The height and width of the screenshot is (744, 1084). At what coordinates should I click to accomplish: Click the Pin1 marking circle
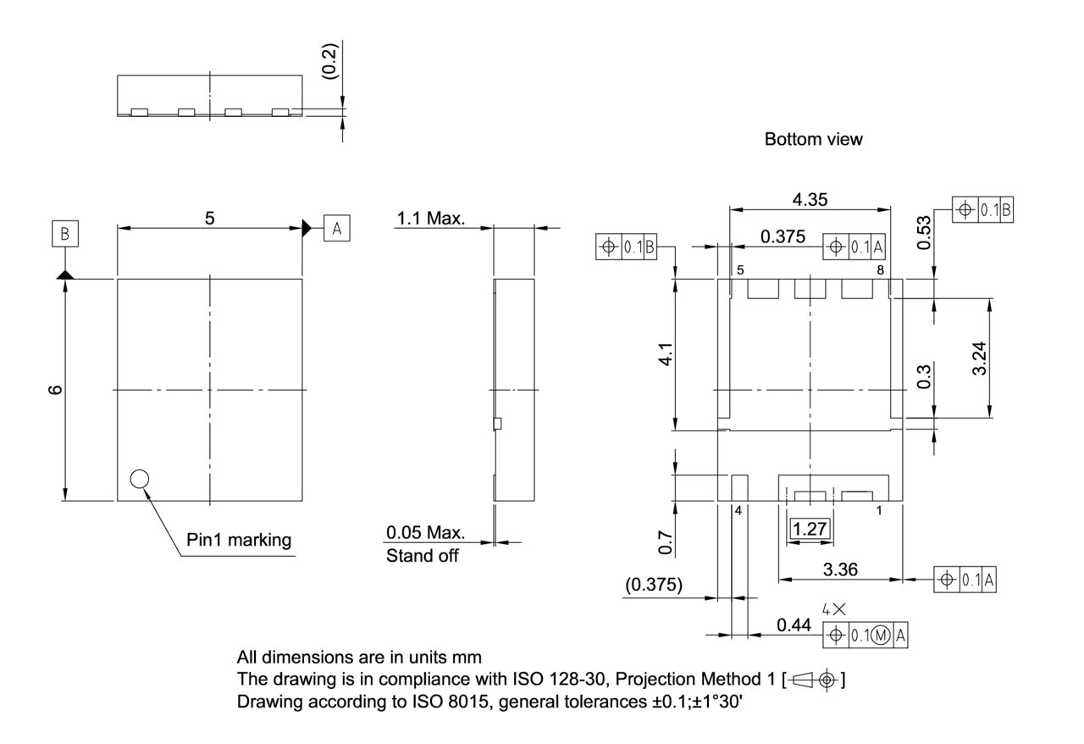[140, 479]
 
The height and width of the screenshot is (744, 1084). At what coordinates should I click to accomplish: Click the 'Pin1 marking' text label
[239, 540]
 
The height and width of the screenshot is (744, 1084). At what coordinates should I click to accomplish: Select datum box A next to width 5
[336, 228]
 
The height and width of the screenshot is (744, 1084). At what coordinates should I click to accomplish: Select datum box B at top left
[64, 233]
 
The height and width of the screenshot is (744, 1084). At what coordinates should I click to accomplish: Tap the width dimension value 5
[209, 218]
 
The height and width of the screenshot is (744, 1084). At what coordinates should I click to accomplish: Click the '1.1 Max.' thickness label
[430, 219]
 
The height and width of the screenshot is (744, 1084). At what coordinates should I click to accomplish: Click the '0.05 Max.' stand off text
[425, 533]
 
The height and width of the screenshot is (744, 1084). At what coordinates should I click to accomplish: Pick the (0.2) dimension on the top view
[331, 61]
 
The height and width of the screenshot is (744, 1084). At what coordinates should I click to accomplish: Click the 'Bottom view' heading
[813, 140]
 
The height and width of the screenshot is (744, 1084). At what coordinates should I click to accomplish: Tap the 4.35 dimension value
[810, 199]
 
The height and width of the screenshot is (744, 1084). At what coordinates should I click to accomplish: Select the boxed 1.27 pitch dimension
[810, 530]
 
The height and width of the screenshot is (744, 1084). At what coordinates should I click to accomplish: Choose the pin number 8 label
[881, 270]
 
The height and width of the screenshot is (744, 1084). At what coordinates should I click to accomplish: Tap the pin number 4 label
[738, 512]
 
